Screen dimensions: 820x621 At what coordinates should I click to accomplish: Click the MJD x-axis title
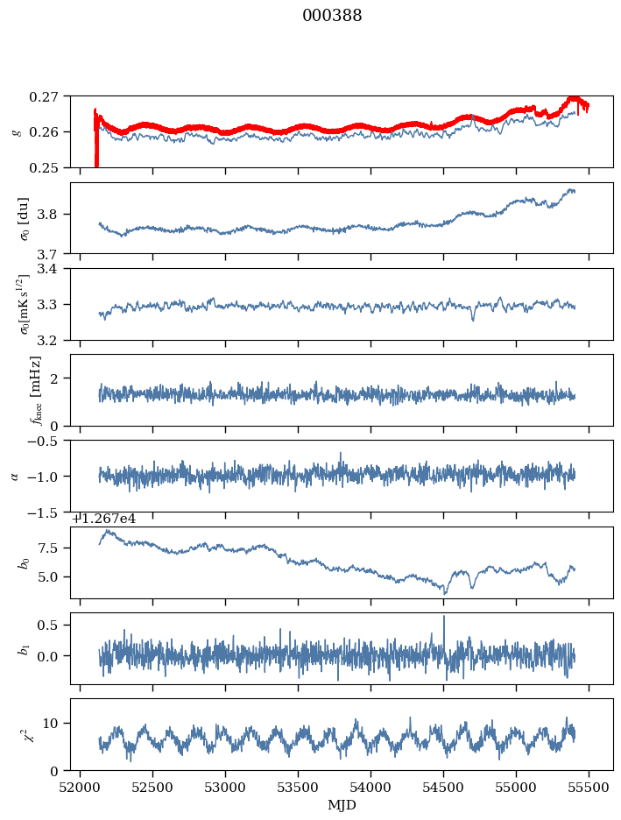pyautogui.click(x=342, y=804)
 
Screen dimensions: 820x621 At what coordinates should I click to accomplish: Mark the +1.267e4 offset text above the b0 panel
pyautogui.click(x=103, y=519)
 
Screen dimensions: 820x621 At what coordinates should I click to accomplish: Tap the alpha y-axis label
pyautogui.click(x=15, y=476)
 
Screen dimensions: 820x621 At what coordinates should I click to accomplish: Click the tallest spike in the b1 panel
pyautogui.click(x=444, y=617)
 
